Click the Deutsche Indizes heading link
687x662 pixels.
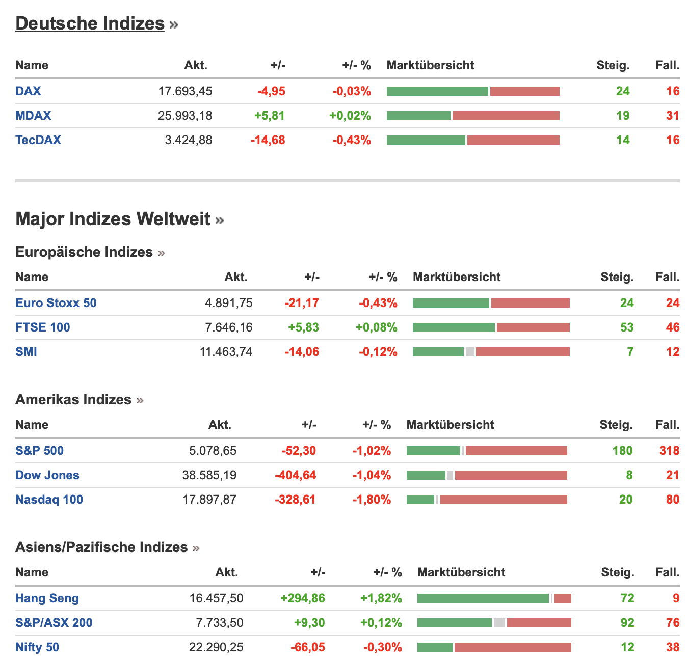[90, 23]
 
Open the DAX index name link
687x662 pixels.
[28, 91]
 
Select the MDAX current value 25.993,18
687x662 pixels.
[185, 116]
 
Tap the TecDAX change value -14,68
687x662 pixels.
[268, 140]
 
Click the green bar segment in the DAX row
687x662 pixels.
[437, 91]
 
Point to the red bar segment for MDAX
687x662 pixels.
[506, 116]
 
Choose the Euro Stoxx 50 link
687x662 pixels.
[56, 303]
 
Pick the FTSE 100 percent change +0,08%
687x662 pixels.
[376, 327]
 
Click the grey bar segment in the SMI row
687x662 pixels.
[470, 352]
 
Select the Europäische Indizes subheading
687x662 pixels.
[84, 252]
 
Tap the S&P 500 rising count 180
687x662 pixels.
[622, 451]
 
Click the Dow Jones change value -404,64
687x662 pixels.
[295, 475]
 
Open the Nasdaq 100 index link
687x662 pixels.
[49, 500]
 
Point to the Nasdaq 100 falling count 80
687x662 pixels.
[673, 500]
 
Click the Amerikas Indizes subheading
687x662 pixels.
[73, 400]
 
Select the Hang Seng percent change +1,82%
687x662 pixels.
[381, 598]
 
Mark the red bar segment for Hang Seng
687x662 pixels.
[563, 598]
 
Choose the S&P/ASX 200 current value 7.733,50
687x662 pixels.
[220, 623]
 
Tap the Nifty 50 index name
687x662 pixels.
[37, 647]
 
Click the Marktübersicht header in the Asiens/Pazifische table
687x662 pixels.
[461, 572]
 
